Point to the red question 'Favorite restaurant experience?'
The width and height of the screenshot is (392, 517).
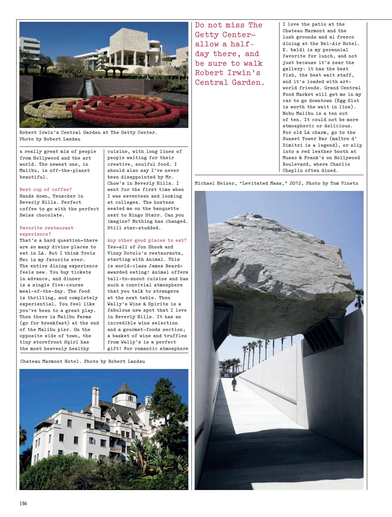click(46, 231)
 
